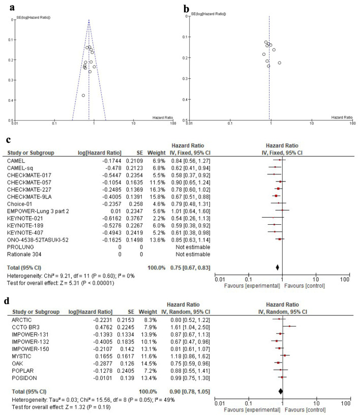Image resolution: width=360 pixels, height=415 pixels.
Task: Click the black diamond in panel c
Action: pos(278,267)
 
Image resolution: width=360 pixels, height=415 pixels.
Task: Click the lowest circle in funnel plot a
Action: pos(83,95)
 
